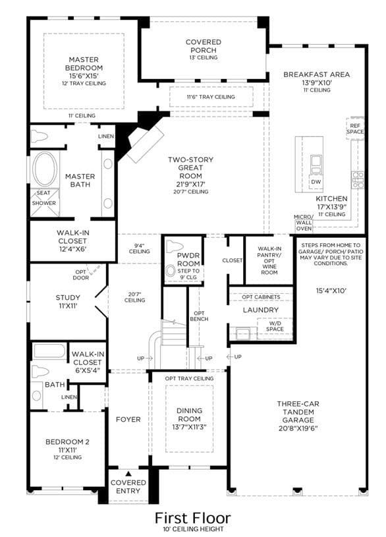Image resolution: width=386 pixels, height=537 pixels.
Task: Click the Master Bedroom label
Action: pyautogui.click(x=84, y=64)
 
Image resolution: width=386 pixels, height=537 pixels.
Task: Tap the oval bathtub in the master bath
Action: pyautogui.click(x=45, y=169)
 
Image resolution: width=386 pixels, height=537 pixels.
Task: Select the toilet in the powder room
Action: pyautogui.click(x=175, y=246)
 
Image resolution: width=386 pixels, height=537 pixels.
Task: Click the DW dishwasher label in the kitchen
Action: pyautogui.click(x=316, y=181)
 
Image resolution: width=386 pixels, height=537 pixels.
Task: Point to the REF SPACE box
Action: pyautogui.click(x=355, y=128)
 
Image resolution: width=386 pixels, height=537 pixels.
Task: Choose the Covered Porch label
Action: pyautogui.click(x=204, y=46)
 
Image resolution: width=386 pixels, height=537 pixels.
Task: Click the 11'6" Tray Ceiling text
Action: pyautogui.click(x=211, y=97)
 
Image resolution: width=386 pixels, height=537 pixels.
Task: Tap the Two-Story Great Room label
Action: pyautogui.click(x=190, y=167)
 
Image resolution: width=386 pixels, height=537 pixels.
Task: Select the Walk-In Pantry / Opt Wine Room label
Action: pyautogui.click(x=269, y=260)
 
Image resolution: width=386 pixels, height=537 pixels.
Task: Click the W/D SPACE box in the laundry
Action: pyautogui.click(x=275, y=328)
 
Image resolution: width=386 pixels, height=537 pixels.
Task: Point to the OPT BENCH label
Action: pyautogui.click(x=199, y=316)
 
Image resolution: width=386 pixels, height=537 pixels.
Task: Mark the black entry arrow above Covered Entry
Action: pyautogui.click(x=128, y=474)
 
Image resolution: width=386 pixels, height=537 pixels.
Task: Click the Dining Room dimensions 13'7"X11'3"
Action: pyautogui.click(x=190, y=427)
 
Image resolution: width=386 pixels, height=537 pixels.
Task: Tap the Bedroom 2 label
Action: pyautogui.click(x=67, y=442)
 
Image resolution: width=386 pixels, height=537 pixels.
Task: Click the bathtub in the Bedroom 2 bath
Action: pyautogui.click(x=49, y=351)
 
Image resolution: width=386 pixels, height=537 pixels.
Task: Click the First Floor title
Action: pyautogui.click(x=193, y=518)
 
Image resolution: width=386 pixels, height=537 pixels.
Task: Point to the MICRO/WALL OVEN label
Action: pyautogui.click(x=304, y=223)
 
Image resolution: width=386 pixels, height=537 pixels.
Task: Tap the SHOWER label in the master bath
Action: pyautogui.click(x=44, y=203)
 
